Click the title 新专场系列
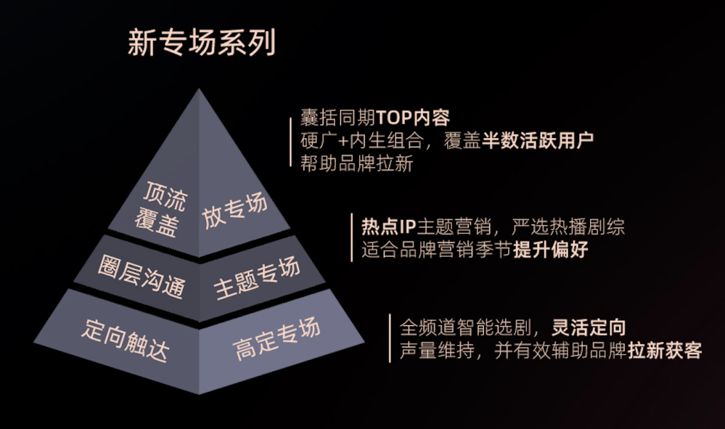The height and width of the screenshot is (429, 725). pyautogui.click(x=201, y=42)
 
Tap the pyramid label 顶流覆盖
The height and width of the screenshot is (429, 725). pyautogui.click(x=161, y=209)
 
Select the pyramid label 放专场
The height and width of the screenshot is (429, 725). pyautogui.click(x=235, y=210)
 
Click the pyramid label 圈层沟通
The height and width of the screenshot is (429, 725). pyautogui.click(x=142, y=275)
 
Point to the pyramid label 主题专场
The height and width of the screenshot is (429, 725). pyautogui.click(x=256, y=278)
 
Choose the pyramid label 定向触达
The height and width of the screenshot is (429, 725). pyautogui.click(x=126, y=339)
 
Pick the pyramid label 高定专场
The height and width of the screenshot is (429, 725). pyautogui.click(x=276, y=339)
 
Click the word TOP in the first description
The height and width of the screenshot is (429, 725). pyautogui.click(x=394, y=118)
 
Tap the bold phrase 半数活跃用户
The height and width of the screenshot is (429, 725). pyautogui.click(x=538, y=140)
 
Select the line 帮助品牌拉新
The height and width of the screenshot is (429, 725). pyautogui.click(x=356, y=164)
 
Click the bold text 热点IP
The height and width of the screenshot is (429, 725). pyautogui.click(x=389, y=227)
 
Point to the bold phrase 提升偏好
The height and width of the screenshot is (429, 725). pyautogui.click(x=550, y=250)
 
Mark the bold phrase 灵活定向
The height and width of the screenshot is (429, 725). pyautogui.click(x=589, y=327)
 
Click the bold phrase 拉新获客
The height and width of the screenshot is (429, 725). pyautogui.click(x=665, y=351)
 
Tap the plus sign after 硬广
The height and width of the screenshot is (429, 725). pyautogui.click(x=343, y=141)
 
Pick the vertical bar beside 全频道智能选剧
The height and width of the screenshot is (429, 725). pyautogui.click(x=390, y=339)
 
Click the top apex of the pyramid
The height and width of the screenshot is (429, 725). pyautogui.click(x=199, y=88)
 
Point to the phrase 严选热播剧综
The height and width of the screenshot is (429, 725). pyautogui.click(x=568, y=227)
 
